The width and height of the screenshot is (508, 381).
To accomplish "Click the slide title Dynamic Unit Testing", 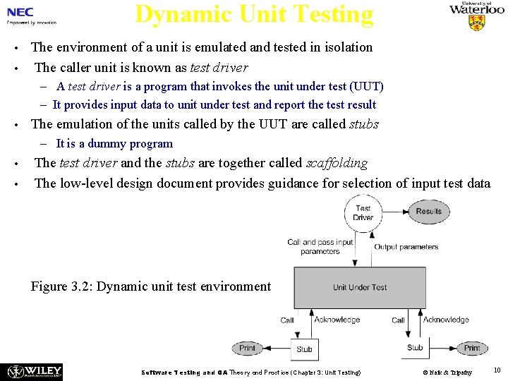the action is tap(254, 14).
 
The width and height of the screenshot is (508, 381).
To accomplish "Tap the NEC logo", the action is tap(20, 12).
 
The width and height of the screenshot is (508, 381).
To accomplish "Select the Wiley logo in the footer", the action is tap(34, 371).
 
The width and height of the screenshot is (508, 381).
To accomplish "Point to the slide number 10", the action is tap(497, 370).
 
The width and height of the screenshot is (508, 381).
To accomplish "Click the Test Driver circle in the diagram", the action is tap(363, 212).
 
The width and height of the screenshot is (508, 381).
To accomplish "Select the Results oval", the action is tap(428, 211).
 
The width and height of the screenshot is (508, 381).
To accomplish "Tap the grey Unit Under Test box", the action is tap(360, 287).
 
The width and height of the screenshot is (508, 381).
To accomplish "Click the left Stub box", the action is tap(304, 349).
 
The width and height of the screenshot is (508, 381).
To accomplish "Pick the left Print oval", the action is tap(247, 348).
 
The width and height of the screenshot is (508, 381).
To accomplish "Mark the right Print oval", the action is tap(471, 348).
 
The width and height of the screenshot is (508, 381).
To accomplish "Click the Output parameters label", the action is tap(406, 247).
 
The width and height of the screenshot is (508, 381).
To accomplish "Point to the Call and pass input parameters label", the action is tap(320, 246).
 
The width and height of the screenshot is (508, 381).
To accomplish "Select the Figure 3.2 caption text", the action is tap(151, 286).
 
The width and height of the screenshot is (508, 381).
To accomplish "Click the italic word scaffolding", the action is tap(337, 163).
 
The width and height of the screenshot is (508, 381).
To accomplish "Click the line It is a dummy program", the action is tap(114, 144).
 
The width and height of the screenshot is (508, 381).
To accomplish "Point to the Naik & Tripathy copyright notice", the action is tap(447, 372).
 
